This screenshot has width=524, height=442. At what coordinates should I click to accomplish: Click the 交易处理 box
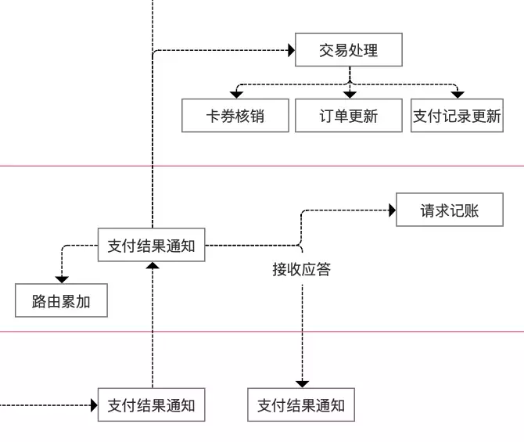click(349, 49)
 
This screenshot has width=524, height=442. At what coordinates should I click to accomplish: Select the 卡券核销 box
click(235, 115)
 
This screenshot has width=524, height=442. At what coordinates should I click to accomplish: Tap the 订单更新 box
click(349, 115)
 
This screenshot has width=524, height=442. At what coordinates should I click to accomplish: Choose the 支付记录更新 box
click(457, 115)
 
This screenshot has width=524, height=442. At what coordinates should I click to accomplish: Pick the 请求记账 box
click(450, 210)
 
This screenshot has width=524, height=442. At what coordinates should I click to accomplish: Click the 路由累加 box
click(61, 300)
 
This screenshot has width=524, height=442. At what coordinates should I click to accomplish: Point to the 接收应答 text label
click(301, 269)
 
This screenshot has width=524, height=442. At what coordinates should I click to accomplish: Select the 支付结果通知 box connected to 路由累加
click(152, 245)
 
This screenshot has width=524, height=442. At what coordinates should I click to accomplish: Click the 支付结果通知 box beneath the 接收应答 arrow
click(301, 404)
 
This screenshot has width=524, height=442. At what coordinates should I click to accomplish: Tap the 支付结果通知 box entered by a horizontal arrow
click(152, 404)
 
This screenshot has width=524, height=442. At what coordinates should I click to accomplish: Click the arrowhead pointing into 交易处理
click(292, 51)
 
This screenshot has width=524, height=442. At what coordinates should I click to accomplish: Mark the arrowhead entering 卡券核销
click(236, 95)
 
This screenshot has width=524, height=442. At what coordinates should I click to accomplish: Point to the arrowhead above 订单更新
click(350, 95)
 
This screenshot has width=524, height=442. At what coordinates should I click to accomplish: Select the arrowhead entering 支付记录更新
click(458, 95)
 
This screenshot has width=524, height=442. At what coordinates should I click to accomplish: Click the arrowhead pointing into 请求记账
click(393, 210)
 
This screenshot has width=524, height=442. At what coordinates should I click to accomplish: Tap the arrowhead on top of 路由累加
click(62, 280)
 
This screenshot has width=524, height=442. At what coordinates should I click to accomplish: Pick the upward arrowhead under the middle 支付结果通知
click(153, 265)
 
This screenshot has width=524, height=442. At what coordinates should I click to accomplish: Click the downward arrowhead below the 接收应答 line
click(302, 384)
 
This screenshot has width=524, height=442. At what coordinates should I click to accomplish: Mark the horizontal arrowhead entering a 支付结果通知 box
click(94, 405)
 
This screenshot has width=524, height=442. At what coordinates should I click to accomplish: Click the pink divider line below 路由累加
click(262, 332)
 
